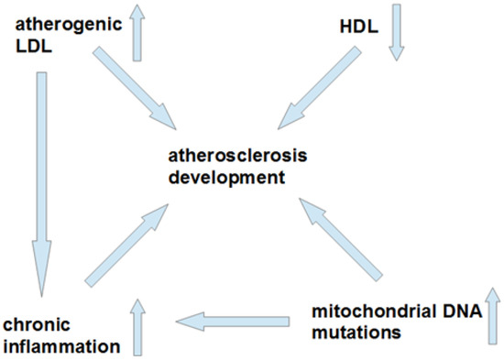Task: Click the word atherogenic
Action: (69, 25)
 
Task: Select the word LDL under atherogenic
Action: (34, 47)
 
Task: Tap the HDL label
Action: (359, 27)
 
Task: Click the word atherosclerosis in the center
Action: (238, 156)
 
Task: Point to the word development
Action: (226, 178)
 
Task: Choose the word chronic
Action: (37, 324)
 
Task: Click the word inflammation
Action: (61, 347)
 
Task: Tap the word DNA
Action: (460, 311)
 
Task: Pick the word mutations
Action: (356, 332)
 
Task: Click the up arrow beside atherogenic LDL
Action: (137, 33)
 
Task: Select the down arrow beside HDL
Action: (397, 32)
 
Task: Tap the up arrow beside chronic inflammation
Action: (137, 327)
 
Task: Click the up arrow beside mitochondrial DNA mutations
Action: (492, 316)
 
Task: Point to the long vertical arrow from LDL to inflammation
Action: (42, 184)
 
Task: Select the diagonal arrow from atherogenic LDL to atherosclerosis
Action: (135, 88)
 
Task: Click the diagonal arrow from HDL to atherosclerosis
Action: (320, 88)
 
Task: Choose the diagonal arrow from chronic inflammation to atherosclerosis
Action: (126, 245)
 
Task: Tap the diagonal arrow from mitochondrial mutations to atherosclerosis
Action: (341, 240)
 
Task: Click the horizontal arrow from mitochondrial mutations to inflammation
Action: (233, 322)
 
